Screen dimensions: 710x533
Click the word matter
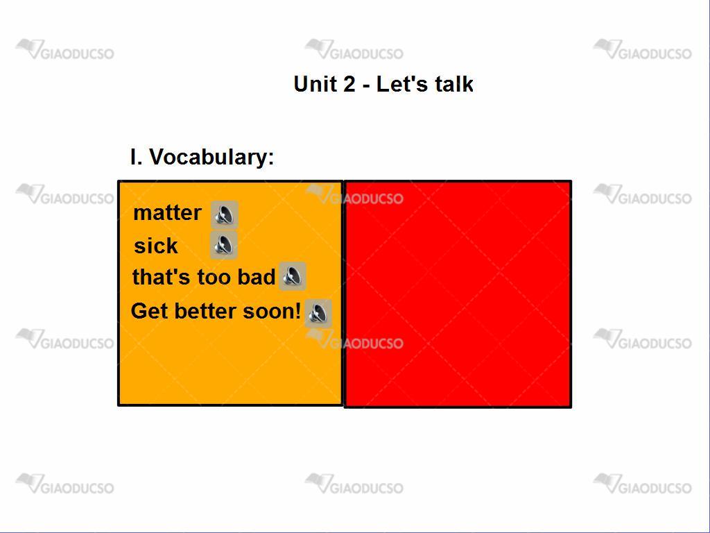pyautogui.click(x=167, y=213)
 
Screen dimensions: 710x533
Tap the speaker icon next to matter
pyautogui.click(x=225, y=214)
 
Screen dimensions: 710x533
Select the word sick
pyautogui.click(x=156, y=246)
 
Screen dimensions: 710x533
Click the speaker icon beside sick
pyautogui.click(x=224, y=245)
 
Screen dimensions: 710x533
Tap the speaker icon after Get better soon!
pyautogui.click(x=318, y=313)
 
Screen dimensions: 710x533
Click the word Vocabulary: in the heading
pyautogui.click(x=211, y=158)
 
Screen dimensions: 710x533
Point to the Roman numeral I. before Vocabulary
pyautogui.click(x=137, y=157)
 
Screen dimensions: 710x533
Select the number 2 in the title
pyautogui.click(x=349, y=84)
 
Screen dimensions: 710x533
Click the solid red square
pyautogui.click(x=458, y=294)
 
